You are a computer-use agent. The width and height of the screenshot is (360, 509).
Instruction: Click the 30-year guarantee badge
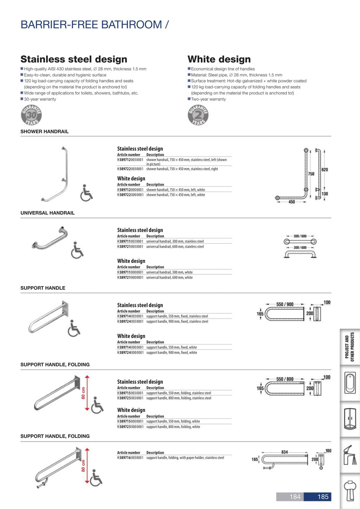point(31,115)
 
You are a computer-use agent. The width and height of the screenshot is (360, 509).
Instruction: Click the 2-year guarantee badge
point(198,115)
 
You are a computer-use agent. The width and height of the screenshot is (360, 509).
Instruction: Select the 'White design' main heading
point(219,59)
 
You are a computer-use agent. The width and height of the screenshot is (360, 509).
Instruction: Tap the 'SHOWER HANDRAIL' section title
point(44,132)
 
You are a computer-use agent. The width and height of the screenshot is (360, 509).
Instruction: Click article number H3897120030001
point(130,160)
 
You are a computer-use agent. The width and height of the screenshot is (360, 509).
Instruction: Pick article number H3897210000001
point(130,277)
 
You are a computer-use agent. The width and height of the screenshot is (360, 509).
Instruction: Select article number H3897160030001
point(130,458)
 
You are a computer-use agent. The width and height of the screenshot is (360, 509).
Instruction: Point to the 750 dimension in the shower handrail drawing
point(311,174)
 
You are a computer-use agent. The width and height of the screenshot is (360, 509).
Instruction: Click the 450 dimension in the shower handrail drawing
point(292,202)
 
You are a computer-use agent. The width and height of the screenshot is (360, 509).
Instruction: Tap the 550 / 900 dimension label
point(285,304)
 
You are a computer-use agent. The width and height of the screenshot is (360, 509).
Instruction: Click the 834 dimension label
point(284,452)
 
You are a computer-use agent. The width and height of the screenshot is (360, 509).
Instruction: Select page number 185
point(323,497)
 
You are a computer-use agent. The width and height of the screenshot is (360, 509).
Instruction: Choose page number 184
point(295,497)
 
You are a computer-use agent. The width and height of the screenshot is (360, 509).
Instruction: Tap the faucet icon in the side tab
point(350,454)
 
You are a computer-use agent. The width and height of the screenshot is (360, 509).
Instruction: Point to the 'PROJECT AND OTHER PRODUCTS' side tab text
point(349,347)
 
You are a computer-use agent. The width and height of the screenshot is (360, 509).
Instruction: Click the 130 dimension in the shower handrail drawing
point(325,194)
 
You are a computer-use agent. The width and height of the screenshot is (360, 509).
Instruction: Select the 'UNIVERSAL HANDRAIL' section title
point(47,213)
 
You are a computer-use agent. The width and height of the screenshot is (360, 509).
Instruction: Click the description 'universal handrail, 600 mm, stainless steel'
point(175,247)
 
